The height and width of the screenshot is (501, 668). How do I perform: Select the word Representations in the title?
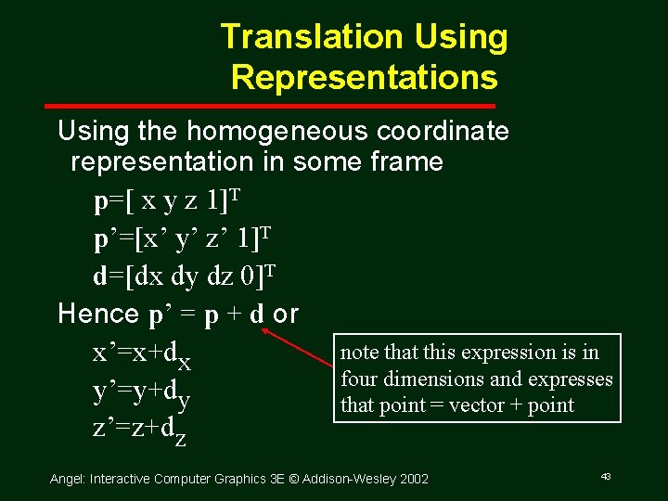pos(364,77)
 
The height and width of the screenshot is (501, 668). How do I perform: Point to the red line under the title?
pos(361,107)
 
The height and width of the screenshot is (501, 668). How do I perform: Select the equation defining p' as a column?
pos(181,239)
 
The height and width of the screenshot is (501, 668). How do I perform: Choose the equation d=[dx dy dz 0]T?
pos(185,276)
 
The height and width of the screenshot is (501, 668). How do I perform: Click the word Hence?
pos(98,314)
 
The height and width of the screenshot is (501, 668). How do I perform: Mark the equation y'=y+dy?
pos(141,394)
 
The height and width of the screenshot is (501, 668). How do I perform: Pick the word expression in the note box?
pos(505,353)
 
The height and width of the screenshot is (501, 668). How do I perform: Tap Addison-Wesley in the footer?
pos(351,479)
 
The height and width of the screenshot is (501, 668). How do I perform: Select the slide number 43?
pos(605,476)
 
